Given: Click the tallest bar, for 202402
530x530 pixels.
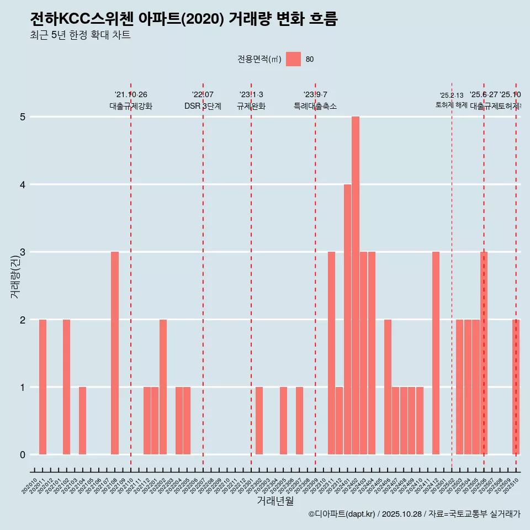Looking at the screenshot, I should pos(356,285).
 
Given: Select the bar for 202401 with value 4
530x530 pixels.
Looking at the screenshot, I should pos(347,319).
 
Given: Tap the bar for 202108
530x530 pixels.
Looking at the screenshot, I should pos(115,353).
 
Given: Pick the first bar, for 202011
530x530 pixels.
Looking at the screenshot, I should pos(43,387).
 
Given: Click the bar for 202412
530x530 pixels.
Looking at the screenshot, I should pos(436,353).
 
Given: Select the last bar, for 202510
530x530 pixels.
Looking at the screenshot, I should pos(516,387).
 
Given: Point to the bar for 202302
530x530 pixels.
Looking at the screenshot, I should pos(259,421).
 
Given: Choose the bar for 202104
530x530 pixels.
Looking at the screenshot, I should pos(82,421).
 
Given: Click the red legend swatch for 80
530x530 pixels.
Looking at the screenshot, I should pos(293,59).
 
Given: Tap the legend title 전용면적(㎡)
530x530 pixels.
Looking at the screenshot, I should pos(259,60).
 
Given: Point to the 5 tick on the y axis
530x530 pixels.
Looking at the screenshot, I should pos(23,117).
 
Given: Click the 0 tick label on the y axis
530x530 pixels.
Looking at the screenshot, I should pos(23,455).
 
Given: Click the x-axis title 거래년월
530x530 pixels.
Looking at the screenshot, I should pos(275,501).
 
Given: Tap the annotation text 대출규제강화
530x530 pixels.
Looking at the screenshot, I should pos(131,106).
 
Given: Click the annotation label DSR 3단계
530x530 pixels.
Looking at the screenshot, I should pos(203,106).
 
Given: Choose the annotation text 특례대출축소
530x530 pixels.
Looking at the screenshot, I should pos(315,106).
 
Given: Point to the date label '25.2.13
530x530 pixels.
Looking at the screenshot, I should pos(452,96).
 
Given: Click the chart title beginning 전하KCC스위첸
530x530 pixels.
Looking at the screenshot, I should pos(183,19).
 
